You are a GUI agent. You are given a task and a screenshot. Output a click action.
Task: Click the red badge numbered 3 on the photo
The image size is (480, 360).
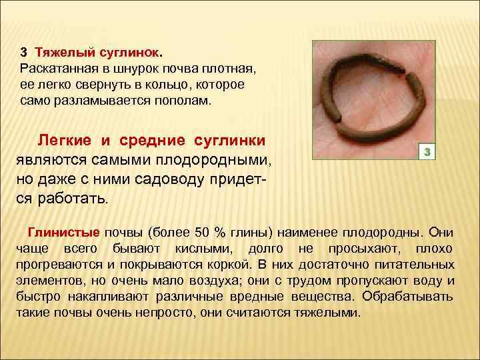429,152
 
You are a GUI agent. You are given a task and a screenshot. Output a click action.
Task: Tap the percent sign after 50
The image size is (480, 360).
219,233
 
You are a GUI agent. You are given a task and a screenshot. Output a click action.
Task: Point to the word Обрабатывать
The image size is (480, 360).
411,297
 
